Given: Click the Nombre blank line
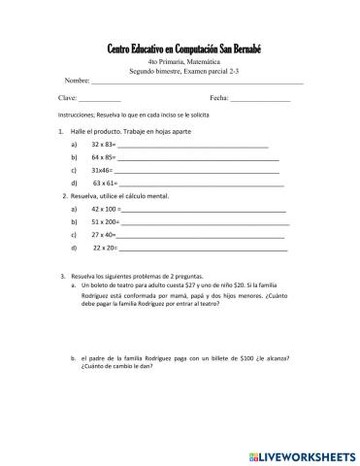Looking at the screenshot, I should (x=194, y=82).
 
